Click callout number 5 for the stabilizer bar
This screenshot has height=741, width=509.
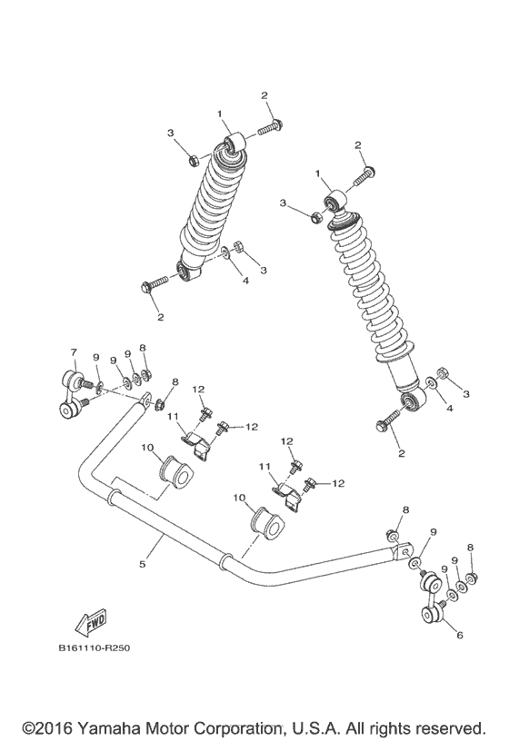click(142, 564)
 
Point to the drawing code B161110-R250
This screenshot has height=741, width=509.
click(95, 650)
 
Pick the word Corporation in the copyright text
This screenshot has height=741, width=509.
click(264, 728)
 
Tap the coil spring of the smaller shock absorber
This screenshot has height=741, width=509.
click(215, 208)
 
